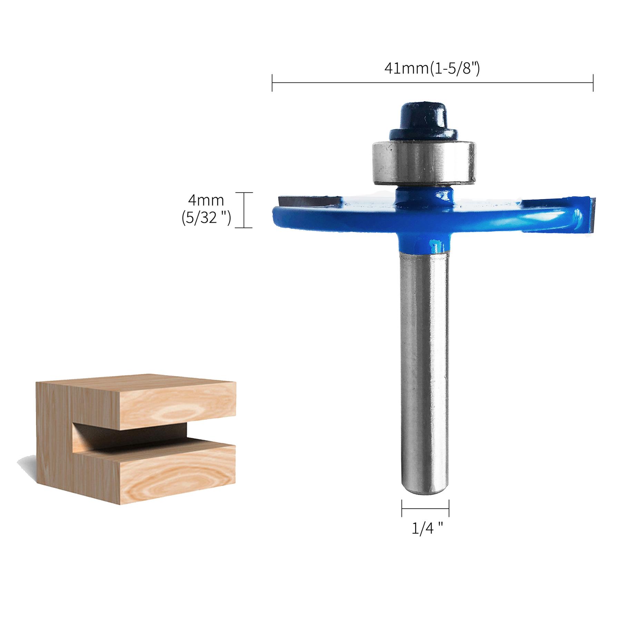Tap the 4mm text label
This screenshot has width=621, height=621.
[206, 200]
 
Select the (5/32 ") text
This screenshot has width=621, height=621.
[206, 218]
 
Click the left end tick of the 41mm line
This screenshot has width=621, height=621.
[272, 83]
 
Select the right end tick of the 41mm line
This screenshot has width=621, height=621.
[593, 83]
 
